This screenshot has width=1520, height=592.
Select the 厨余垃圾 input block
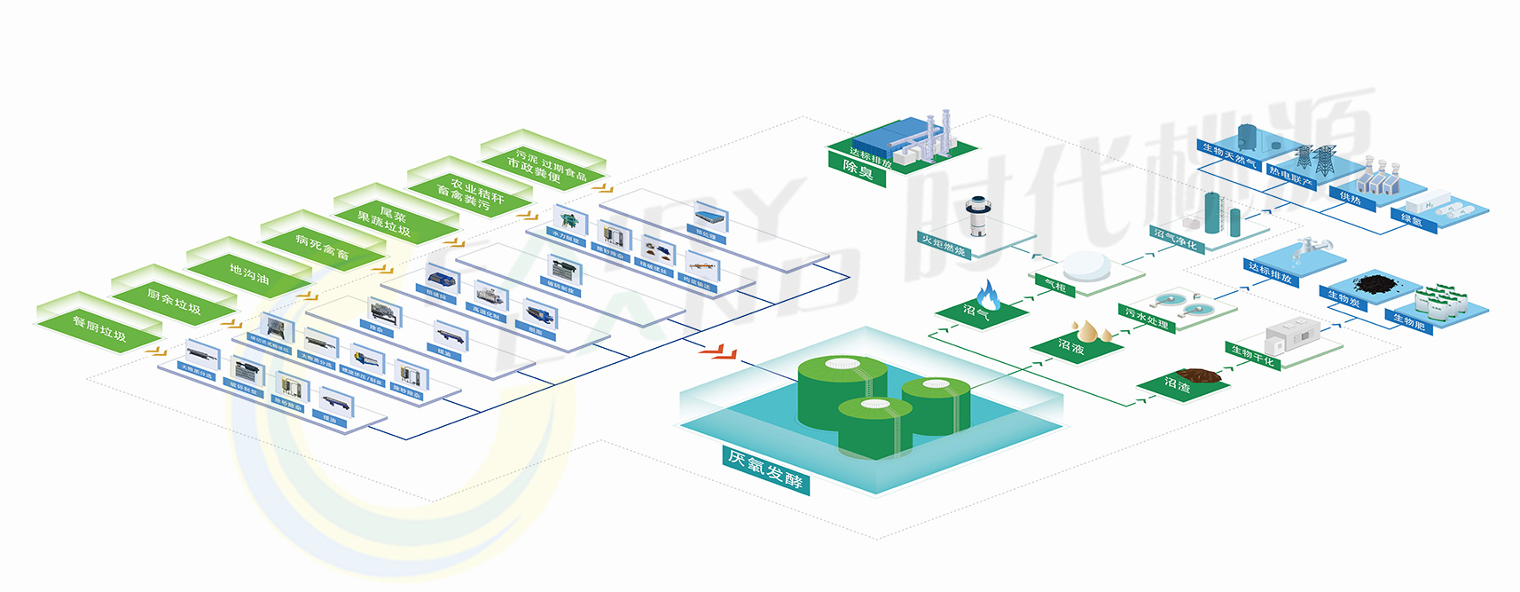[174, 304]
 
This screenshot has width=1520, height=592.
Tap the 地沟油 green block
[248, 275]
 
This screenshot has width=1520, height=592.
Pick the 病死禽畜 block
[322, 248]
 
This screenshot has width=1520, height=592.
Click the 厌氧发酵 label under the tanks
[765, 470]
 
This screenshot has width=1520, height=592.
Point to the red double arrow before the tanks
[717, 353]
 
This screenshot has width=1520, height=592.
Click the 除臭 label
[858, 169]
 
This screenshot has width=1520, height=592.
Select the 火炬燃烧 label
[943, 245]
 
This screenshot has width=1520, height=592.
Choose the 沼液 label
[1071, 347]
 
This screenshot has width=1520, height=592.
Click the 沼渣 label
[1177, 385]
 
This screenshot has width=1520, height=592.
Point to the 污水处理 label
[1147, 318]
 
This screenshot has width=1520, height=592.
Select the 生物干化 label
[1253, 356]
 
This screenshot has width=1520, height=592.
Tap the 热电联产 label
[1290, 177]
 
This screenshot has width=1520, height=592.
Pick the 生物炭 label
[1344, 300]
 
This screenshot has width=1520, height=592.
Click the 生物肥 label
[1408, 321]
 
